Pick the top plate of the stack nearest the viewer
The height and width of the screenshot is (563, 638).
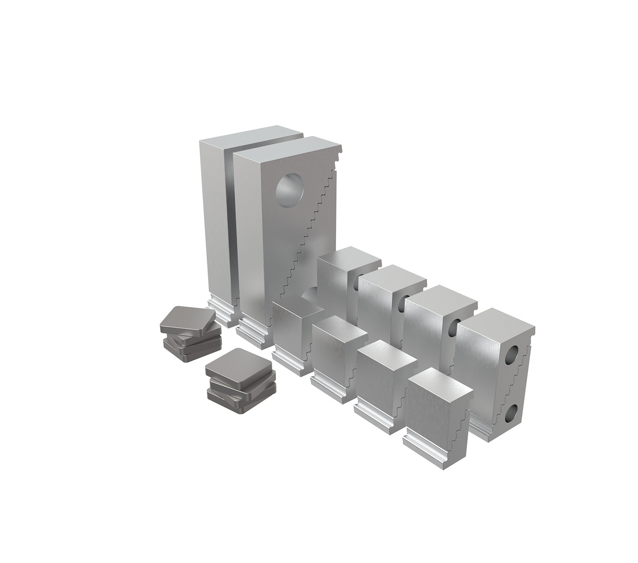tap(238, 365)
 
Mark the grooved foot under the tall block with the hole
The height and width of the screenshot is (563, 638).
tap(254, 329)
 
